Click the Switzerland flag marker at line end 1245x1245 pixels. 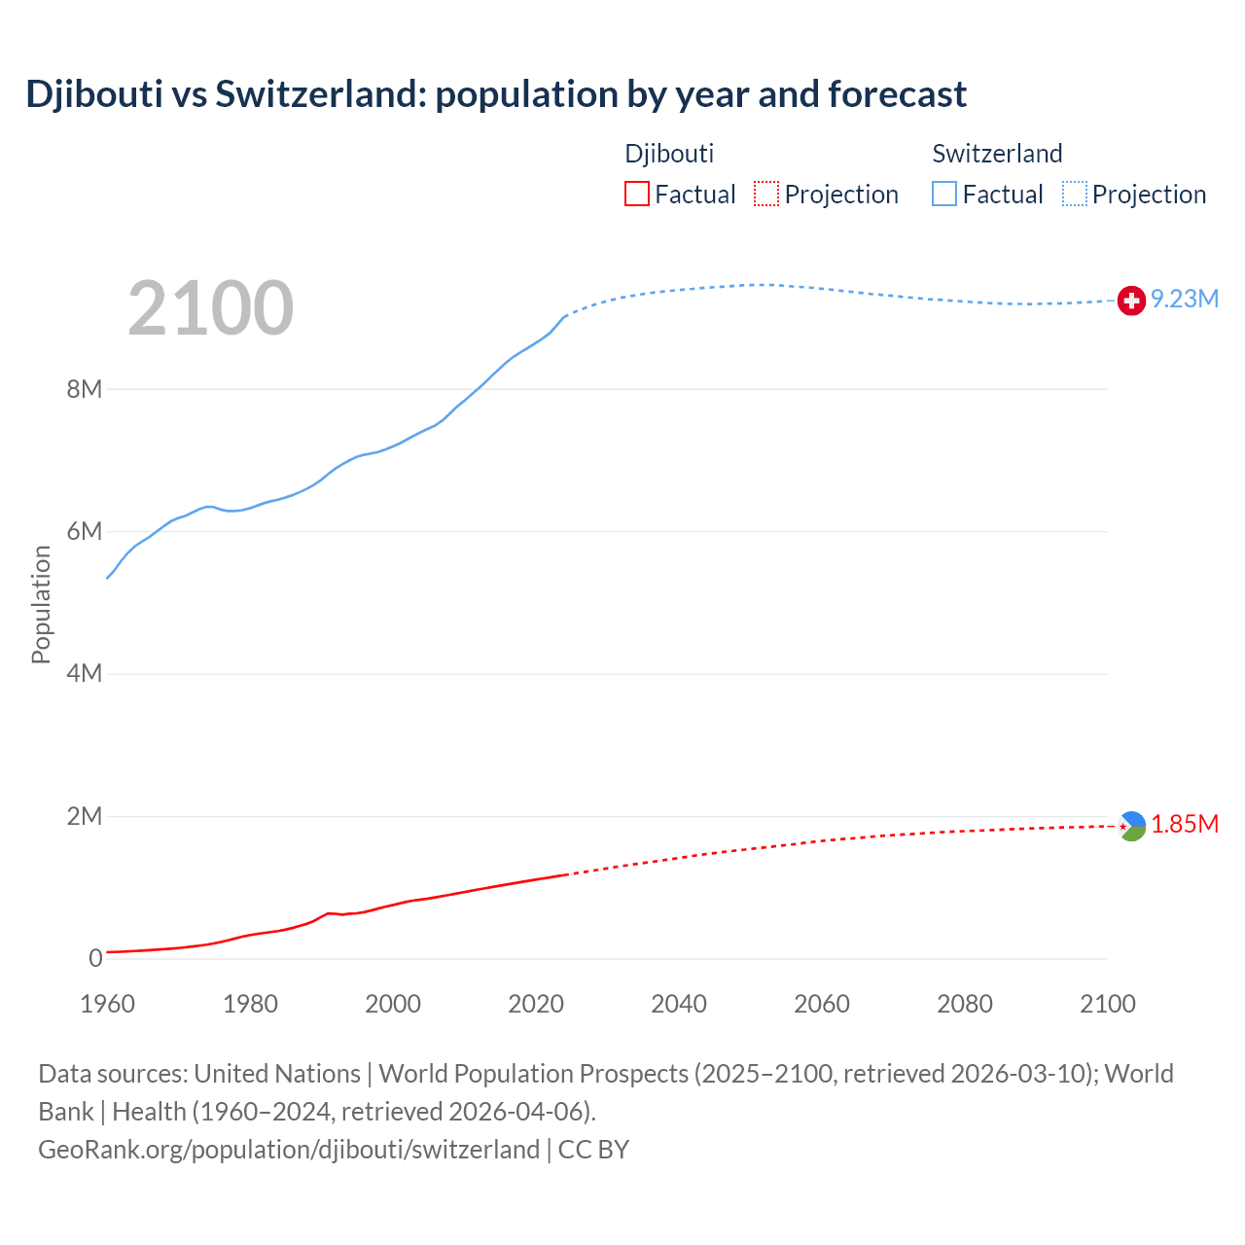click(1131, 301)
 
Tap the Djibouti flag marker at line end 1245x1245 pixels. click(1131, 826)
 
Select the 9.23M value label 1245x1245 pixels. click(1185, 300)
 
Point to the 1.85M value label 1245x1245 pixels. click(1185, 825)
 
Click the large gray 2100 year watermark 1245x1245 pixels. click(210, 308)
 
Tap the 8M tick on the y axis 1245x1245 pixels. click(85, 390)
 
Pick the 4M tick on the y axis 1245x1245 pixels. click(85, 674)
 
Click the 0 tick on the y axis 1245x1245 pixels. click(95, 959)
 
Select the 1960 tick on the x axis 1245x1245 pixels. click(107, 1005)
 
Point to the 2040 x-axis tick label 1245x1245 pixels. click(679, 1005)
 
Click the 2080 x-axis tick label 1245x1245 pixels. click(965, 1005)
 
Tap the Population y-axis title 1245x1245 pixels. click(41, 604)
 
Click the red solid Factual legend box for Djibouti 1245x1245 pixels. click(637, 195)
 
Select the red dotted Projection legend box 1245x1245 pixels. click(766, 195)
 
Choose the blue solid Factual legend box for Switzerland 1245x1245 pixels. click(944, 195)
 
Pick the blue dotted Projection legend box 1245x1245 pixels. click(1075, 195)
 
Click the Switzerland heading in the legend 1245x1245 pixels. click(997, 154)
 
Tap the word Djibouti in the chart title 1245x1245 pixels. click(94, 94)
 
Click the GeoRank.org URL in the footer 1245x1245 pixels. click(289, 1150)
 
